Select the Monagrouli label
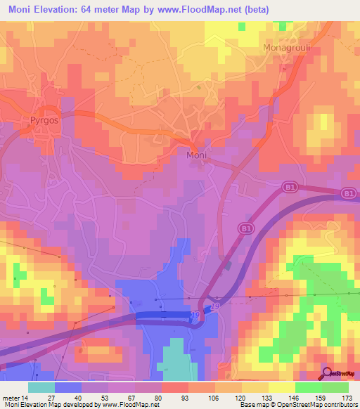(285, 47)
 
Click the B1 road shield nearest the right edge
(347, 193)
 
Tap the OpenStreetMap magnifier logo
(328, 374)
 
